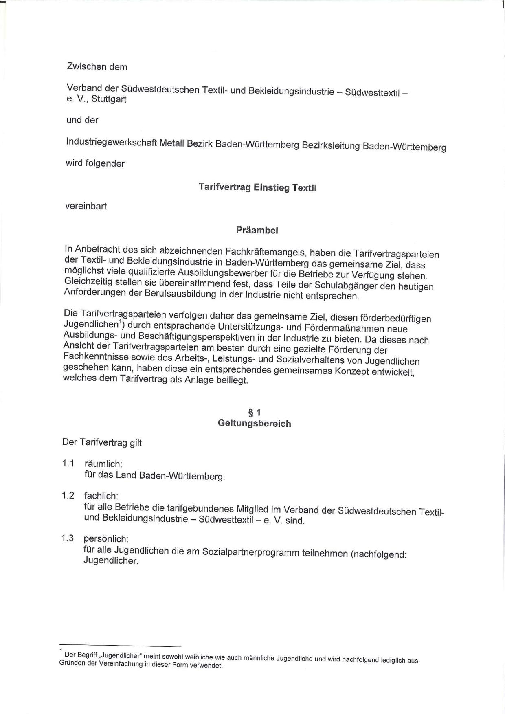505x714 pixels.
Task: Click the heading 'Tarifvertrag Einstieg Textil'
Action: point(257,187)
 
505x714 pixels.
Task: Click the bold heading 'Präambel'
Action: point(257,230)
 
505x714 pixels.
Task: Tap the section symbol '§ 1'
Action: point(254,413)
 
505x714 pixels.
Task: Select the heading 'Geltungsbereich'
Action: point(254,423)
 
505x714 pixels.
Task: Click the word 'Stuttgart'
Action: point(109,99)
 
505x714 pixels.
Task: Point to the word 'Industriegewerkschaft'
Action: point(111,143)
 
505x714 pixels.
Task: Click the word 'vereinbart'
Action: point(86,206)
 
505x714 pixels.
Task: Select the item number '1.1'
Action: point(68,463)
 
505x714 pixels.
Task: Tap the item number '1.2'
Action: point(68,495)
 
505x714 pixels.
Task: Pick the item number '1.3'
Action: point(68,538)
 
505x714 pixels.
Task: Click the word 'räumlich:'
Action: point(103,464)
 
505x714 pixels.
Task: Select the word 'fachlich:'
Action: point(101,496)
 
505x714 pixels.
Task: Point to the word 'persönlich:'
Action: point(106,539)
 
